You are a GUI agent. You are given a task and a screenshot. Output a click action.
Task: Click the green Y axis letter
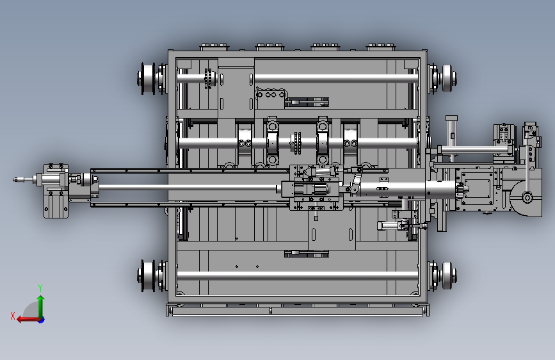coord(40,288)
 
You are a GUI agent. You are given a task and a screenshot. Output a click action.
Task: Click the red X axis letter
coord(13,316)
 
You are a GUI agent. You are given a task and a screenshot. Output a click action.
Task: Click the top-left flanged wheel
coord(147,78)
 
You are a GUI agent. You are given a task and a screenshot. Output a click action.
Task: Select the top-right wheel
coord(448,78)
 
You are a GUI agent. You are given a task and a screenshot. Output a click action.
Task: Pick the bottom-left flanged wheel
coord(147,275)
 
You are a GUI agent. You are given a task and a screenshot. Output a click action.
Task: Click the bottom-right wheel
coord(448,275)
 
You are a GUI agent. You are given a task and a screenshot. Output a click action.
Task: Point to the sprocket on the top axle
coord(209,79)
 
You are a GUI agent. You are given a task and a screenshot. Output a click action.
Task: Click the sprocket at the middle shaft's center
coord(296,143)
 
